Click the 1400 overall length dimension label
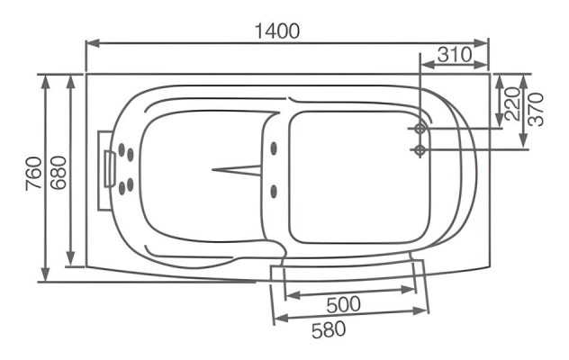coord(275,30)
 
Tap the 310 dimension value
coord(455,54)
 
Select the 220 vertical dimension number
coord(511,103)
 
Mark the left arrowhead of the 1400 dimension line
coord(90,42)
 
